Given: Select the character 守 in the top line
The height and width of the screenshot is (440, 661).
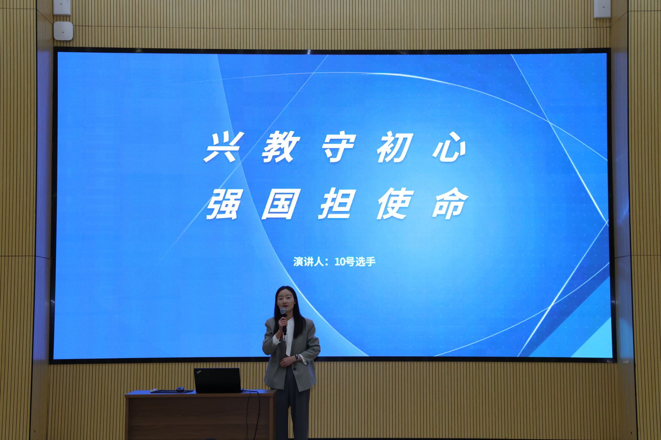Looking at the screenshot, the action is [x=338, y=149].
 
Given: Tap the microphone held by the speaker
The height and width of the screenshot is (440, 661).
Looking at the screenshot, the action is [x=284, y=320].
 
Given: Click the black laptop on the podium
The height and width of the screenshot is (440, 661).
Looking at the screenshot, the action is [x=218, y=380].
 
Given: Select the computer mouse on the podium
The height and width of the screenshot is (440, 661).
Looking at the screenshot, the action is [x=180, y=389].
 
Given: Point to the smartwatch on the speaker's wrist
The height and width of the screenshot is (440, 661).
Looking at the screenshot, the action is [x=297, y=357].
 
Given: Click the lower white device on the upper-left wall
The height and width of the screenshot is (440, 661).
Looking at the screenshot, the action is [x=63, y=31].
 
